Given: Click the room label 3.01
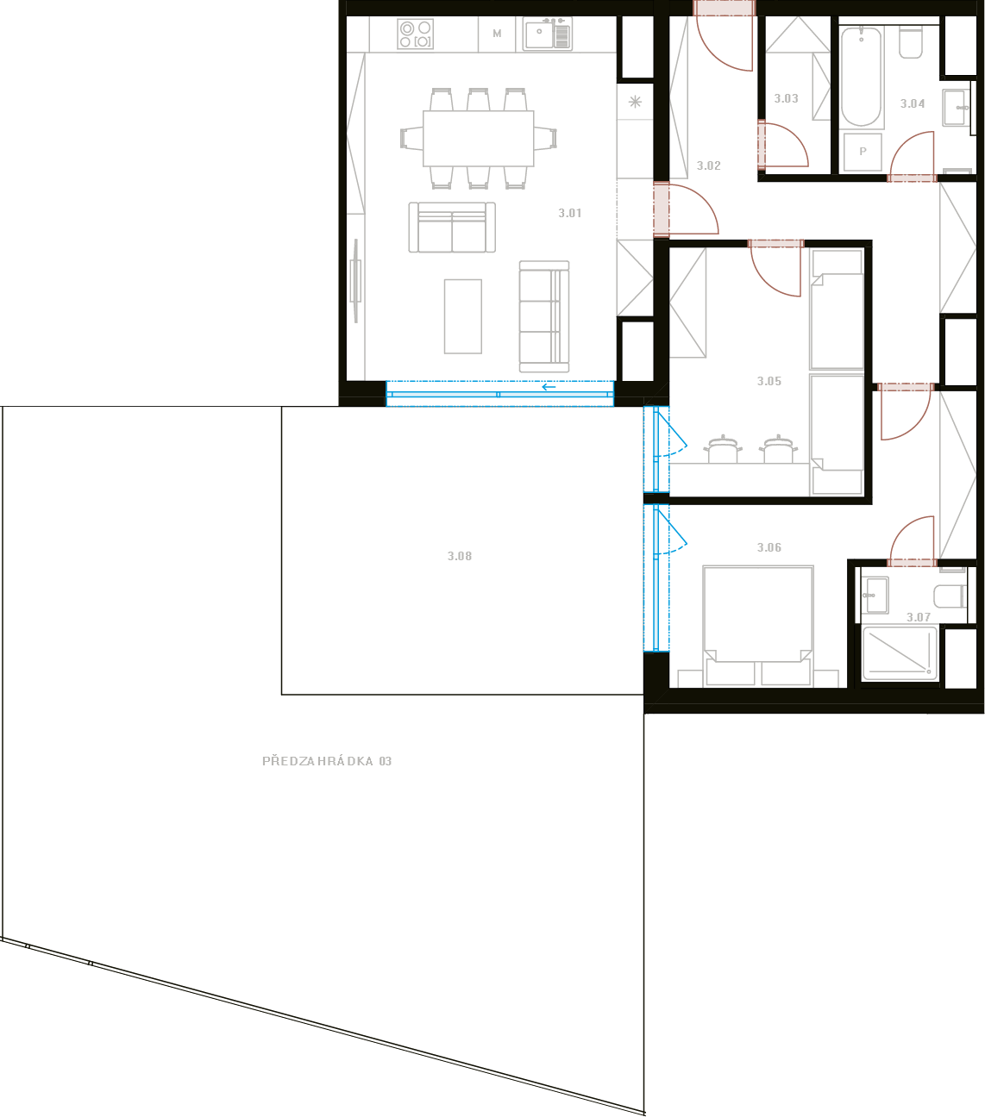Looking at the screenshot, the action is [x=570, y=214].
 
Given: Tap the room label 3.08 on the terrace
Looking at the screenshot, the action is [x=460, y=556].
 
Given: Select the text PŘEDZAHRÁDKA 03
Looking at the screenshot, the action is [x=327, y=761].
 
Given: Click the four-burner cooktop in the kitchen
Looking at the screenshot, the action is [x=416, y=34].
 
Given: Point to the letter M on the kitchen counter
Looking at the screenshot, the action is [x=497, y=34].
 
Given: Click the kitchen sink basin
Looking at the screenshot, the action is [x=539, y=34].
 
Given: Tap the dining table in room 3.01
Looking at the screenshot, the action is [x=479, y=139].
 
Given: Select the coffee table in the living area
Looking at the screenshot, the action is [x=463, y=316].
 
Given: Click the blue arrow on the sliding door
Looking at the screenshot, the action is [x=549, y=387].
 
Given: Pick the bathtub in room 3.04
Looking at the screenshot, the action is [x=862, y=78].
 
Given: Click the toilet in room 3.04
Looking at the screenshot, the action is [x=911, y=42].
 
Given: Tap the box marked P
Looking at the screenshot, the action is [x=863, y=151].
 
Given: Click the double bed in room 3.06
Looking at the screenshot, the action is [x=758, y=627].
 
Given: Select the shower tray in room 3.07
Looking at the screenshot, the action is [x=900, y=653].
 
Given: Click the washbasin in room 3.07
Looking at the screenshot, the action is [x=875, y=596].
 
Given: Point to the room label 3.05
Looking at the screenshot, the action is [x=769, y=382].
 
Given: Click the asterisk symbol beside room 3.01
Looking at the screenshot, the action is [x=635, y=102].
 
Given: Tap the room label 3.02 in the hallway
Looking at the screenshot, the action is [x=708, y=166].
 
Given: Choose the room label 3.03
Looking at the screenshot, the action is [x=786, y=99].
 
